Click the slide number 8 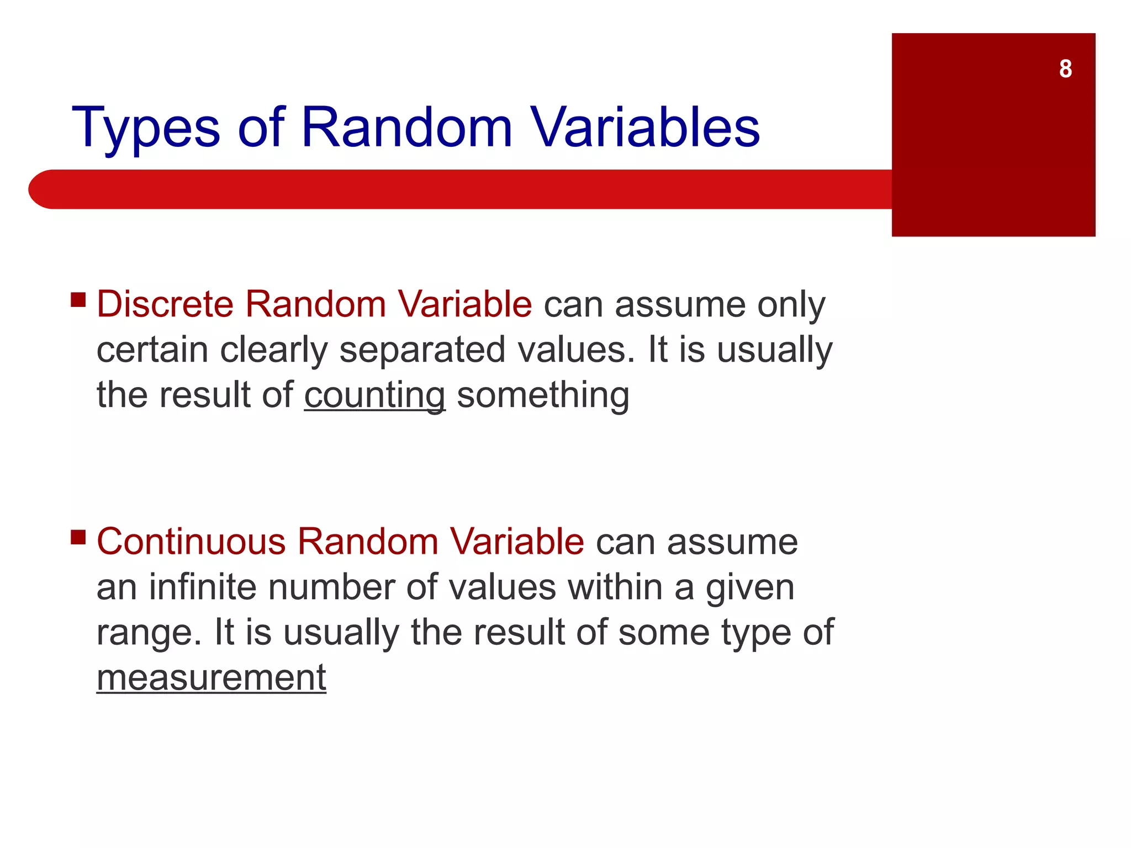[1065, 69]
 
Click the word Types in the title [146, 129]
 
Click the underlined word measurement [212, 678]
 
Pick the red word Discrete [165, 304]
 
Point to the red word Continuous [191, 542]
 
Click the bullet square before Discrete [78, 300]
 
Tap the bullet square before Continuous [78, 537]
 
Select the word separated [422, 351]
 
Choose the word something [543, 396]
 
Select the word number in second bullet [331, 587]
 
